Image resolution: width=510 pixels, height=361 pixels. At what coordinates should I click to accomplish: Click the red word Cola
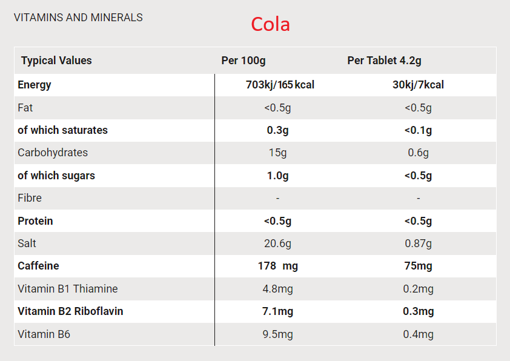[x=271, y=24]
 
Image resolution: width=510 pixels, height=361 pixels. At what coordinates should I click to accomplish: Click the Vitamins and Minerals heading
[x=78, y=18]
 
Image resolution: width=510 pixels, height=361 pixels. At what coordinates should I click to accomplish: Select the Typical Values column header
[x=56, y=61]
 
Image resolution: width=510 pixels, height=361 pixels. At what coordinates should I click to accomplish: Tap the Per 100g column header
[x=243, y=61]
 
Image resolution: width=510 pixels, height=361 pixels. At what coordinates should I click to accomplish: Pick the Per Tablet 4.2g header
[x=384, y=61]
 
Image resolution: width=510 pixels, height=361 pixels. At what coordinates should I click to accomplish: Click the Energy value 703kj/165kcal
[x=280, y=85]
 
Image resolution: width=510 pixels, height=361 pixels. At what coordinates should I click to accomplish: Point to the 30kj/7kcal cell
[x=418, y=85]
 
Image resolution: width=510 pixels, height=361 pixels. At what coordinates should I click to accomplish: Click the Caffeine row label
[x=38, y=266]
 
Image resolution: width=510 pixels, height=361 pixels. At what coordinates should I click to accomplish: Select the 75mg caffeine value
[x=418, y=266]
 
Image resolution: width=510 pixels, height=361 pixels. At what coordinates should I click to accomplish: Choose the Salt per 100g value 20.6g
[x=277, y=243]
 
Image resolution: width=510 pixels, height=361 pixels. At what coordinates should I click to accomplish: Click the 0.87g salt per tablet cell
[x=418, y=243]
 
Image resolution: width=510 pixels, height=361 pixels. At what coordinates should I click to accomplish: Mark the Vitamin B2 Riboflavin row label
[x=70, y=311]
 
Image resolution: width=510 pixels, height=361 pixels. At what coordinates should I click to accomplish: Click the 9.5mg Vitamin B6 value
[x=277, y=334]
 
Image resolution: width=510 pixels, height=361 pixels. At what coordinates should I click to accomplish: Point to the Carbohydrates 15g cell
[x=277, y=153]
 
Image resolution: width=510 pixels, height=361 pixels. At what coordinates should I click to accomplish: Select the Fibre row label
[x=29, y=198]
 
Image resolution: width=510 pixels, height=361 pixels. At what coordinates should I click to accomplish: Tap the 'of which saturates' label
[x=62, y=130]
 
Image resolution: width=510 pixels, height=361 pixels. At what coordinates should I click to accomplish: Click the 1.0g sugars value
[x=277, y=176]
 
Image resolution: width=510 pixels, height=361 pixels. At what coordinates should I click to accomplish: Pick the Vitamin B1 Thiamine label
[x=67, y=289]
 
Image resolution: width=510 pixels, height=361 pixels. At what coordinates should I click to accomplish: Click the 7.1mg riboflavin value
[x=277, y=311]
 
